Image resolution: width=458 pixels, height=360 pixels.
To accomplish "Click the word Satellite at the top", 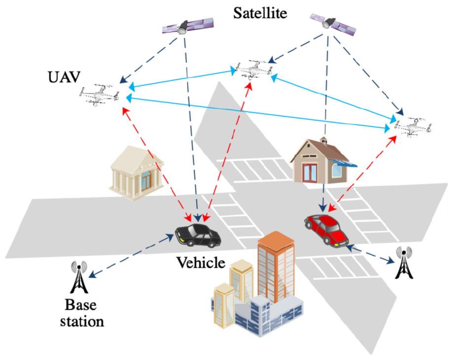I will coord(260,13).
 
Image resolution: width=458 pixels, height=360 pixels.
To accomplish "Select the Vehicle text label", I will coord(201,263).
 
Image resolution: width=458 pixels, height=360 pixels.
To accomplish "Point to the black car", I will coord(198,235).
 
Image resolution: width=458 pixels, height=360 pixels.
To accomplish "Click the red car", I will coord(325,228).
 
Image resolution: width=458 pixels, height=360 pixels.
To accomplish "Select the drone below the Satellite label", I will coord(255,70).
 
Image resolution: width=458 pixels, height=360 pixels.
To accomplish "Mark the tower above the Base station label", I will coord(78,278).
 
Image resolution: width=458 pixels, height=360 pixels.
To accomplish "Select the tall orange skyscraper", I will coord(276,266).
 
